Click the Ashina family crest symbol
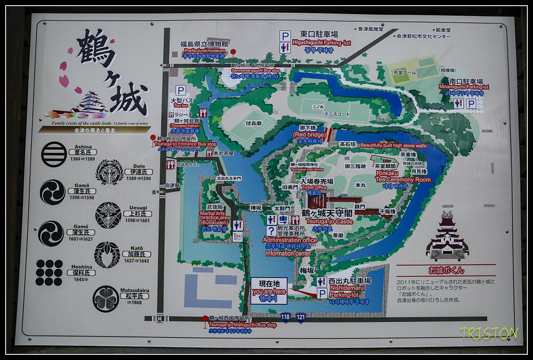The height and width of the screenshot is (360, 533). click(54, 154)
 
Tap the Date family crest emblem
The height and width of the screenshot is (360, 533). click(109, 172)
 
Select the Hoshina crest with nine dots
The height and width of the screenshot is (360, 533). click(49, 272)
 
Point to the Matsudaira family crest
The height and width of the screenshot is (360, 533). click(106, 299)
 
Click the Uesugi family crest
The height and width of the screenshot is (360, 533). click(108, 215)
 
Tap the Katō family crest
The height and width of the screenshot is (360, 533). click(107, 255)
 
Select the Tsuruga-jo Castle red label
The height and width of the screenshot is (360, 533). click(329, 221)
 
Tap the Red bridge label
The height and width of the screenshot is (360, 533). click(309, 134)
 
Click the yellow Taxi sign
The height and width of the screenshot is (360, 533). click(237, 237)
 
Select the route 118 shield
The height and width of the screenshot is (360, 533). click(286, 317)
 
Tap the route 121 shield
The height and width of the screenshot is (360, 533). click(301, 317)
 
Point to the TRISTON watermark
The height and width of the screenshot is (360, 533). click(488, 333)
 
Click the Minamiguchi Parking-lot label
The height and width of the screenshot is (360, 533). click(461, 87)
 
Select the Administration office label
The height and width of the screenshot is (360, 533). click(290, 240)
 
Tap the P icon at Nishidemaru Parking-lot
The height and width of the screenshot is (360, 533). click(322, 294)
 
